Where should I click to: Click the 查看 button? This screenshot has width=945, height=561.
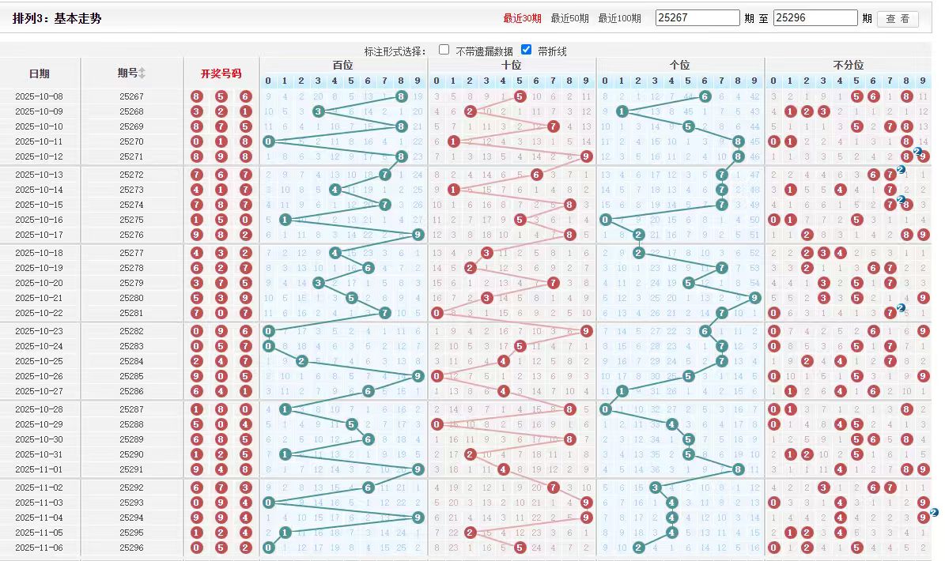click(x=898, y=18)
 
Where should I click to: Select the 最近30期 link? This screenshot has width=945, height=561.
click(x=522, y=18)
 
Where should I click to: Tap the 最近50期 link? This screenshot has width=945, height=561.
click(x=569, y=18)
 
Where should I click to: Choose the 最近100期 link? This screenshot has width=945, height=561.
click(x=619, y=18)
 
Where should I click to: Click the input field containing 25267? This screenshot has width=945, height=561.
click(x=697, y=17)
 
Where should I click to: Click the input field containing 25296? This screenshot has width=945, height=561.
click(x=815, y=17)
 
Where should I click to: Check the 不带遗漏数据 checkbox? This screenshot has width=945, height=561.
click(x=444, y=50)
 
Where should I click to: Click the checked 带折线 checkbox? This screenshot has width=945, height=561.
click(x=526, y=50)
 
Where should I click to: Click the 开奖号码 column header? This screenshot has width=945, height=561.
click(x=221, y=73)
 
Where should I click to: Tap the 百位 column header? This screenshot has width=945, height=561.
click(x=342, y=65)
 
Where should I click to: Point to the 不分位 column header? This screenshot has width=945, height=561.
click(x=848, y=65)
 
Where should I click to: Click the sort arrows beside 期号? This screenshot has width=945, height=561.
click(x=142, y=73)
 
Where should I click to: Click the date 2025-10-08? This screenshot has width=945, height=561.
click(x=39, y=96)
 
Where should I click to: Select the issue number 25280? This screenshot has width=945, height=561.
click(x=131, y=298)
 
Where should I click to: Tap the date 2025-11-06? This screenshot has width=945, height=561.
click(x=39, y=548)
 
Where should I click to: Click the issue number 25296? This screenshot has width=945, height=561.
click(x=131, y=548)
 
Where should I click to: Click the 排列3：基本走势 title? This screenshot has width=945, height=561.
click(x=57, y=18)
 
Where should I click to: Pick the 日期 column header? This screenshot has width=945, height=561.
click(x=39, y=73)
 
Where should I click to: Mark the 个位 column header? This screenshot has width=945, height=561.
click(x=679, y=65)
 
